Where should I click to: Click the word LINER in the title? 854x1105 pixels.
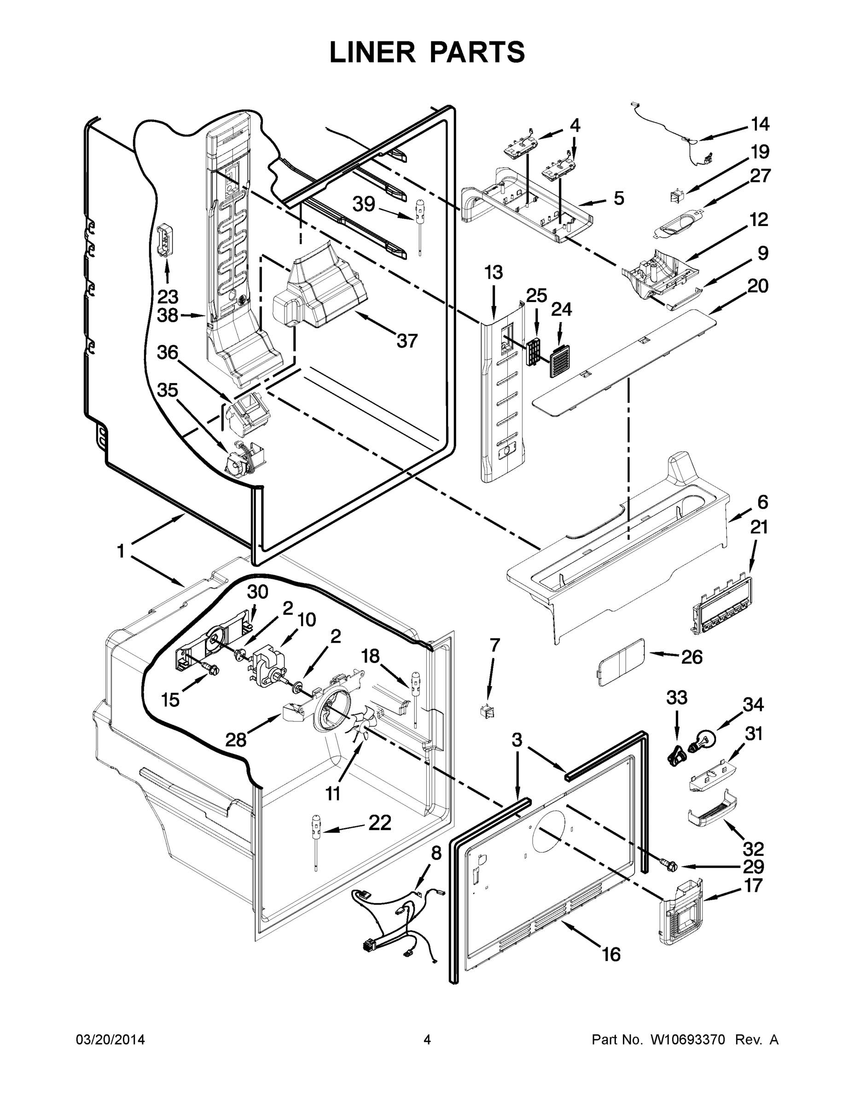[372, 52]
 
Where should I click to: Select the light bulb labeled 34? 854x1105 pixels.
[705, 739]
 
